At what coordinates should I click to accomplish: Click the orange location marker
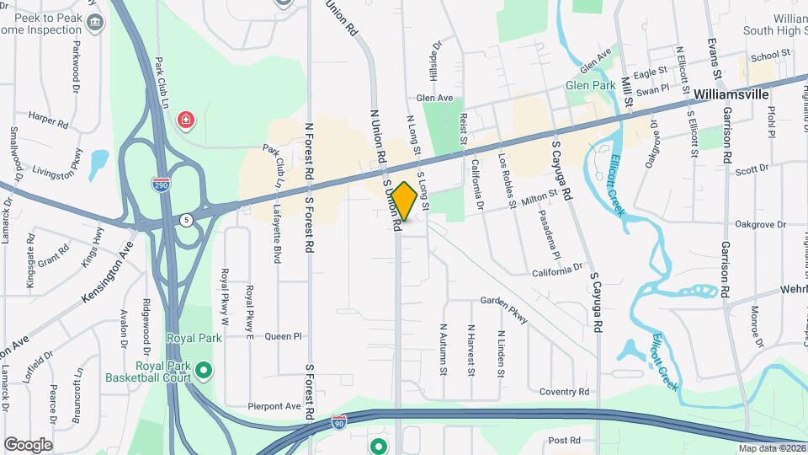point(404,201)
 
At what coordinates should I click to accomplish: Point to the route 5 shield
point(184,220)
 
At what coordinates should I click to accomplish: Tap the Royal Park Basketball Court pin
point(203,369)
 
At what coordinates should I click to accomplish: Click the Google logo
point(28,444)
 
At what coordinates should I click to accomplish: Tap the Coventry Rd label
point(564,392)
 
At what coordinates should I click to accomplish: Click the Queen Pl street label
point(283,335)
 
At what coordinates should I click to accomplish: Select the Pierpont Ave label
point(274,406)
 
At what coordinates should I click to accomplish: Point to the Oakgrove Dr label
point(759,225)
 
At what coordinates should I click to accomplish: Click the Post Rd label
point(564,440)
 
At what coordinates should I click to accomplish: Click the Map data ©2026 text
point(771,447)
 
